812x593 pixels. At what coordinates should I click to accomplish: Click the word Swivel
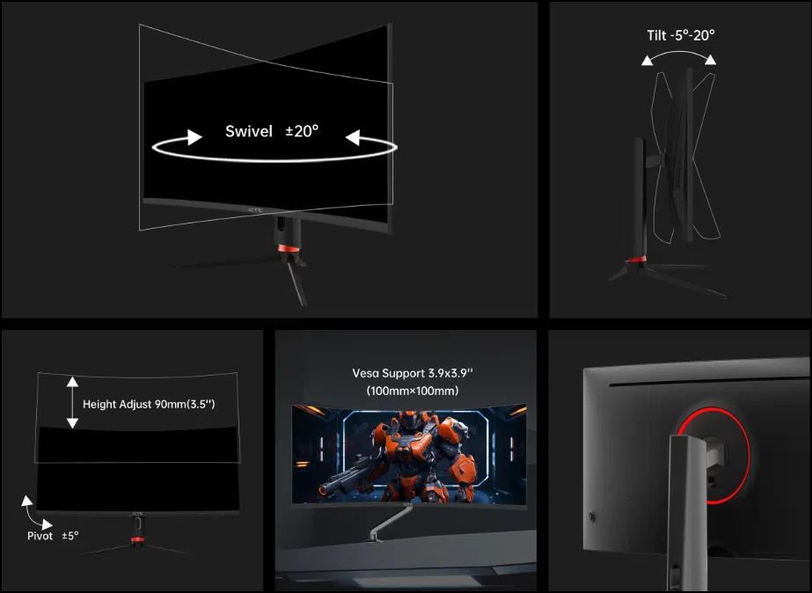(249, 131)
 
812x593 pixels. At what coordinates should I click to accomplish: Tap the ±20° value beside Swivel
(302, 131)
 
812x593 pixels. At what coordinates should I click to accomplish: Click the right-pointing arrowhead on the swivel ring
(194, 137)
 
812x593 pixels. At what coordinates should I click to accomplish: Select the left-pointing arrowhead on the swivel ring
(353, 138)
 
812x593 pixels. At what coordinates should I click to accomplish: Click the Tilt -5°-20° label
(680, 35)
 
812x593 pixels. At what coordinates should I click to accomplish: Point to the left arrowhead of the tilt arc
(647, 61)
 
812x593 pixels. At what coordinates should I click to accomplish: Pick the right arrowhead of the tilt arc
(711, 60)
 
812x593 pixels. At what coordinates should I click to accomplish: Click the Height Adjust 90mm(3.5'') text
(149, 404)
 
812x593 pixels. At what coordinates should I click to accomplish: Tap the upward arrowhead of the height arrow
(72, 382)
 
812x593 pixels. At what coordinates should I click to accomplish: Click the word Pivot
(40, 536)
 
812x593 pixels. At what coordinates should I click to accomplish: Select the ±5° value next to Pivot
(70, 536)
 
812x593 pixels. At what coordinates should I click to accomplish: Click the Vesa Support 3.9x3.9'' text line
(413, 373)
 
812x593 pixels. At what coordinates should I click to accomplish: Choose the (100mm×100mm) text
(413, 391)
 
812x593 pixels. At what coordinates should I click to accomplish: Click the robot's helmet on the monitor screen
(410, 421)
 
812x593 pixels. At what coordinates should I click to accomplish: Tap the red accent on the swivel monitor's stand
(285, 249)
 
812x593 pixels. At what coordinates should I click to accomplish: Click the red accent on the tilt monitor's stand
(636, 259)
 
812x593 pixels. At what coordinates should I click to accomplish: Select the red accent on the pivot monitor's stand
(137, 539)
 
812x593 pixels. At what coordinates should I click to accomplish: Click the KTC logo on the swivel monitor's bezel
(256, 209)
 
